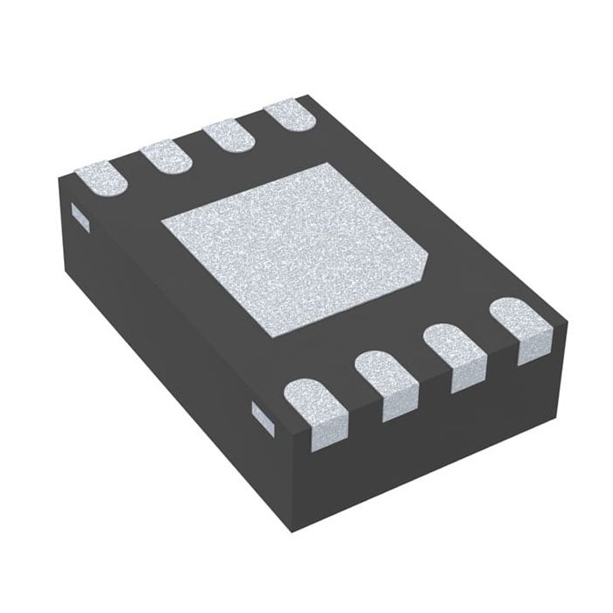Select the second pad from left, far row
pos(166,157)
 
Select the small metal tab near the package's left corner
pos(78,215)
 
